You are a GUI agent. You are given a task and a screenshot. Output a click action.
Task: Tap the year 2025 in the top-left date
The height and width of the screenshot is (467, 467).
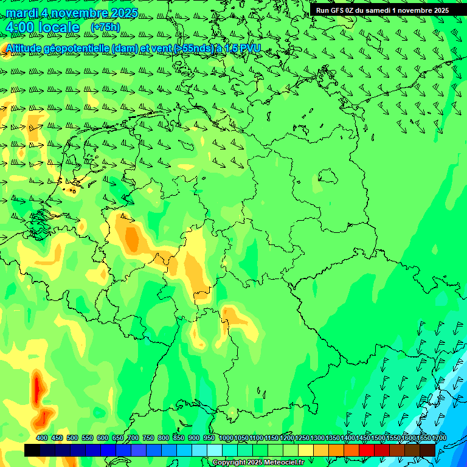pos(120,13)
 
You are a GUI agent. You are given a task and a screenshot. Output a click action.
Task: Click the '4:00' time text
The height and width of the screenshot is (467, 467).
pos(19,27)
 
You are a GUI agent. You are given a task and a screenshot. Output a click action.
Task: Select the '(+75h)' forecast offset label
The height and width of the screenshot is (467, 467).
pos(105,27)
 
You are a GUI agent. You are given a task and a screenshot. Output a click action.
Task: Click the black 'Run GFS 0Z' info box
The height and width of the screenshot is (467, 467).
pos(382,10)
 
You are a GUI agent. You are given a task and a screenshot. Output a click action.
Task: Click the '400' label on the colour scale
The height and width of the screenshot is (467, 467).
pos(42,438)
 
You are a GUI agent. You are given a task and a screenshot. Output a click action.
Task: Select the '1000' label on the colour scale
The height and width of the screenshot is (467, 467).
pos(226,438)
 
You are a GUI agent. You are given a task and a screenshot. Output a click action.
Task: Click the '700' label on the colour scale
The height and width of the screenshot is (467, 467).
pos(133,438)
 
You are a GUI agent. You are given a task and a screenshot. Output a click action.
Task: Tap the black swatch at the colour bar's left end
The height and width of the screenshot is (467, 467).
pos(32,450)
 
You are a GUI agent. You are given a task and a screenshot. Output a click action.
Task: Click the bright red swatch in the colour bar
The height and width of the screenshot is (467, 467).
pos(367,450)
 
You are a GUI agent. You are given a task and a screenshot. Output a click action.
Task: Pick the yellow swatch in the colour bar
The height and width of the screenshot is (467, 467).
pos(306,450)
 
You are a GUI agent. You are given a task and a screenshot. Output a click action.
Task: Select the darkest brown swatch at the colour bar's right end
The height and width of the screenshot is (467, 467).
pos(427,450)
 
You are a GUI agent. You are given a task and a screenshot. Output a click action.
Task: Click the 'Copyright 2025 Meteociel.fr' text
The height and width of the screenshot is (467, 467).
pos(258,462)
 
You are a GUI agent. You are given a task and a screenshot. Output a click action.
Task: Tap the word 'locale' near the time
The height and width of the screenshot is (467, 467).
pos(58,27)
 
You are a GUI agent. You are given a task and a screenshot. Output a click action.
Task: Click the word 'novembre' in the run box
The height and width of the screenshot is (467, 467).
pos(413,10)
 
